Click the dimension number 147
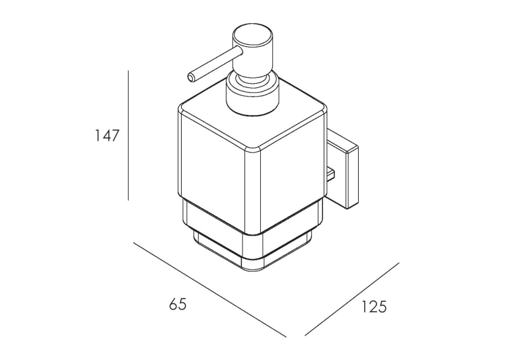107,135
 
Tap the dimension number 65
178,305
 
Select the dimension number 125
373,306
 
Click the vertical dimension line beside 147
128,135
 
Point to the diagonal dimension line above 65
210,290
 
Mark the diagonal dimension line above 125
352,299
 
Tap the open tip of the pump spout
192,77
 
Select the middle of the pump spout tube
215,64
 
